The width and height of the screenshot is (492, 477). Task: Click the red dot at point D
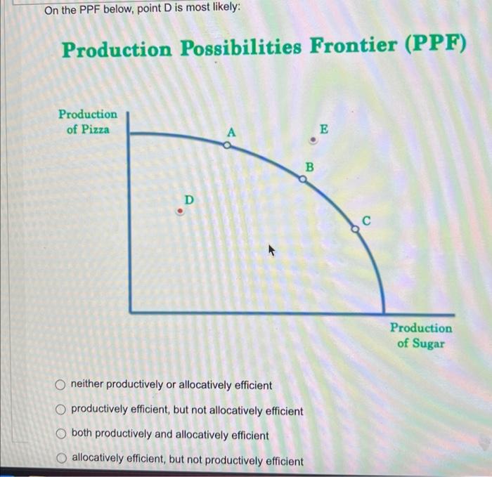pyautogui.click(x=180, y=210)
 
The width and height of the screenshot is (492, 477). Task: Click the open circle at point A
pyautogui.click(x=226, y=145)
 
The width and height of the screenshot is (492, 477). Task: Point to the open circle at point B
pyautogui.click(x=303, y=180)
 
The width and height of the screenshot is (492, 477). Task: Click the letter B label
pyautogui.click(x=307, y=167)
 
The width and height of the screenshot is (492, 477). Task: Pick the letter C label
pyautogui.click(x=365, y=221)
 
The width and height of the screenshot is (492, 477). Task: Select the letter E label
pyautogui.click(x=323, y=129)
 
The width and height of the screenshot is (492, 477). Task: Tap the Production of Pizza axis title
pyautogui.click(x=88, y=121)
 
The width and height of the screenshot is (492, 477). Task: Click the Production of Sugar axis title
pyautogui.click(x=421, y=335)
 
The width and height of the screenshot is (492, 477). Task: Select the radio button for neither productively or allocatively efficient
pyautogui.click(x=62, y=385)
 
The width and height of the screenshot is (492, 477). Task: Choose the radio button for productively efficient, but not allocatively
pyautogui.click(x=62, y=410)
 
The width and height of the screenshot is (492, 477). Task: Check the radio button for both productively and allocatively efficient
pyautogui.click(x=62, y=435)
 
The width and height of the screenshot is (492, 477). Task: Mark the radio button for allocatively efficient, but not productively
pyautogui.click(x=62, y=459)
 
